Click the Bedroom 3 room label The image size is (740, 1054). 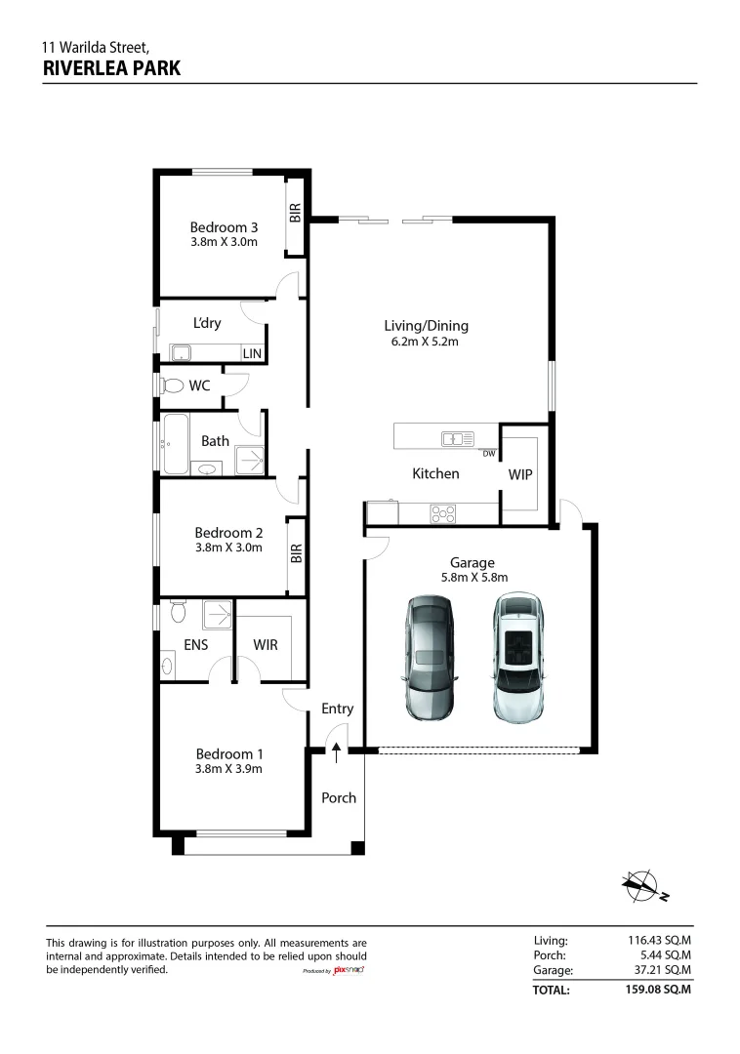pyautogui.click(x=224, y=227)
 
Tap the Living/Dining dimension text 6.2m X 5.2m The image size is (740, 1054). pyautogui.click(x=425, y=342)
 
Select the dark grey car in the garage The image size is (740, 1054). pyautogui.click(x=431, y=658)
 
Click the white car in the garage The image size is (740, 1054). pyautogui.click(x=518, y=657)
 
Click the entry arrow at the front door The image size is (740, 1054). pyautogui.click(x=336, y=752)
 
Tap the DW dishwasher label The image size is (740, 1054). pyautogui.click(x=489, y=454)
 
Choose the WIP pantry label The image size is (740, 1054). pyautogui.click(x=520, y=474)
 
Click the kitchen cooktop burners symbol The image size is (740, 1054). pyautogui.click(x=443, y=514)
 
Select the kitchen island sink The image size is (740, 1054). pyautogui.click(x=458, y=439)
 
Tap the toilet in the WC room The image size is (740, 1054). pyautogui.click(x=172, y=385)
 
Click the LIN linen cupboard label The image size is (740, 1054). pyautogui.click(x=252, y=353)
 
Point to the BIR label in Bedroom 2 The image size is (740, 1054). pyautogui.click(x=297, y=552)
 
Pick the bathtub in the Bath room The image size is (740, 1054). pyautogui.click(x=175, y=444)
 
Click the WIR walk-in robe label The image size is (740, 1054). pyautogui.click(x=266, y=645)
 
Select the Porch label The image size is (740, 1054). pyautogui.click(x=339, y=798)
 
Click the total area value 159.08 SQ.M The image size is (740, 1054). pyautogui.click(x=658, y=989)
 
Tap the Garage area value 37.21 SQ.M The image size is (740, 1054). pyautogui.click(x=661, y=969)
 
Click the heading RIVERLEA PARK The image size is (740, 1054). pyautogui.click(x=111, y=68)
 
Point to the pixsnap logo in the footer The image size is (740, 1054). pyautogui.click(x=349, y=970)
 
